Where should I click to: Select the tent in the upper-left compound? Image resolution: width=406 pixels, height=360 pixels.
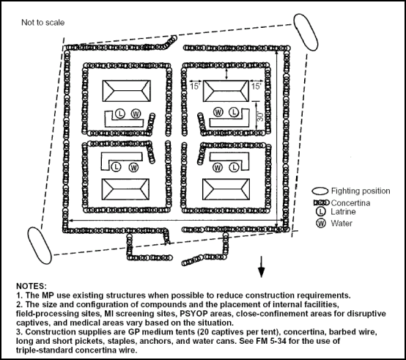click(120, 92)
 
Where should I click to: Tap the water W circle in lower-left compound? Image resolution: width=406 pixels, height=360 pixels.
click(133, 167)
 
